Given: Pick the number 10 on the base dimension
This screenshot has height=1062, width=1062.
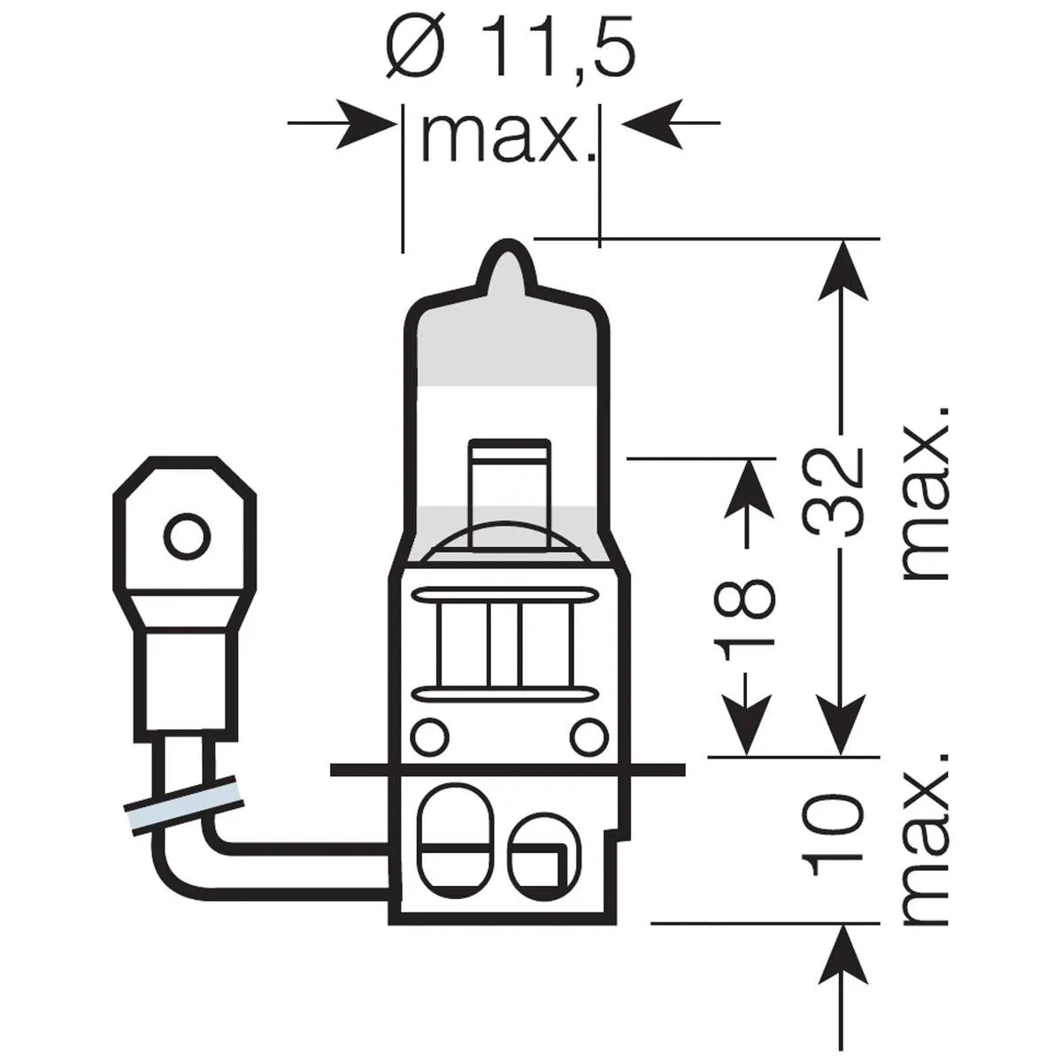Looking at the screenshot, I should (x=835, y=827).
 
